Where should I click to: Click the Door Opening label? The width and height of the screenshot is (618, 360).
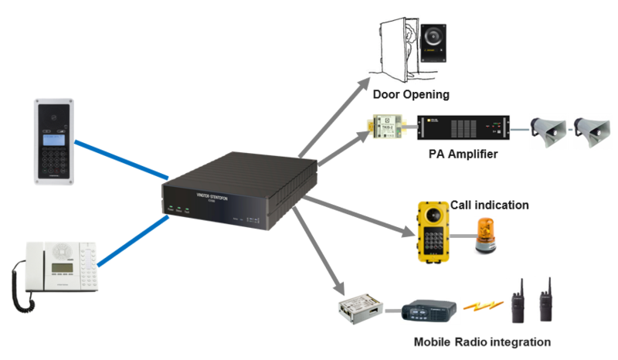[410, 95]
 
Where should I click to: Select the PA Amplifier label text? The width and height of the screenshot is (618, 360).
[463, 155]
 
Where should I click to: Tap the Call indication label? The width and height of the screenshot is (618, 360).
[490, 205]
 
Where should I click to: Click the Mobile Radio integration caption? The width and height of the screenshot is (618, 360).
[482, 341]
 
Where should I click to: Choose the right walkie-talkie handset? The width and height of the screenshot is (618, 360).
[546, 301]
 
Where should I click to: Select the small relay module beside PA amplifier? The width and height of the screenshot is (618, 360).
[384, 127]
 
